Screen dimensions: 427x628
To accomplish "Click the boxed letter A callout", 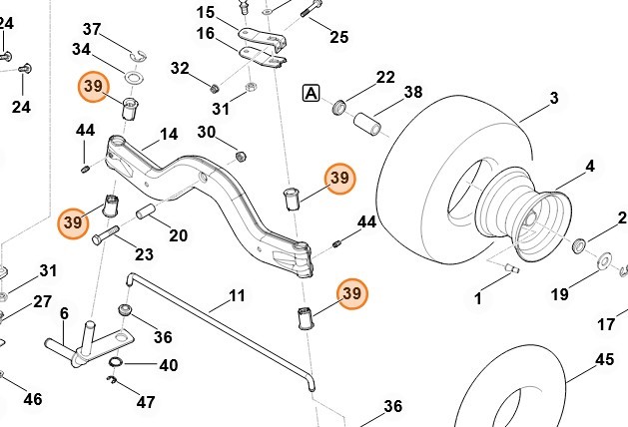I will pos(312,94).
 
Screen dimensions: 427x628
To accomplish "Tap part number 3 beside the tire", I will pos(553,99).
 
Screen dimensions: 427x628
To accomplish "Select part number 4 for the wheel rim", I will pos(590,166).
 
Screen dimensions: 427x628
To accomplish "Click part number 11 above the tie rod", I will pos(237,295).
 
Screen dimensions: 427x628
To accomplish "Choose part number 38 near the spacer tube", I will pos(412,93).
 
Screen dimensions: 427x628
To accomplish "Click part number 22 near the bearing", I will pos(385,77).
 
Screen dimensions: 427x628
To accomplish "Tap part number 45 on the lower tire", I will pos(604,360).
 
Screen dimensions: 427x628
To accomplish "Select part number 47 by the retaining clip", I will pos(146,402).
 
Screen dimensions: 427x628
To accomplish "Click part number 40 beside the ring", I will pos(168,365).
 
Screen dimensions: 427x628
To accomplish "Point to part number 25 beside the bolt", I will pos(338,38).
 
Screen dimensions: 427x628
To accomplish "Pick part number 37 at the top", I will pos(92,28).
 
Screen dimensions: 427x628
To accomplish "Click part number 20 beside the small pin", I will pos(178,235).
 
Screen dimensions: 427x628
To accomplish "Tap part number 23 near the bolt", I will pos(144,253).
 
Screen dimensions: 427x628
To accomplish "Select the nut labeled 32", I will pos(215,87).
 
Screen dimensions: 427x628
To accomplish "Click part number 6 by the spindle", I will pos(64,313).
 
